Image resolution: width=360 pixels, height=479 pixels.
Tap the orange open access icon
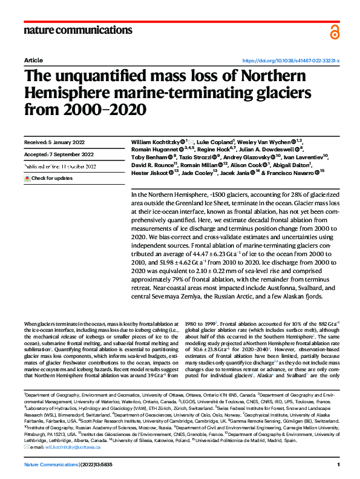coord(335,31)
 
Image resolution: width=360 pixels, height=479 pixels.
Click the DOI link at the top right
coord(291,61)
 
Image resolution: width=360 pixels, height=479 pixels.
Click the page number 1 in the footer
coord(339,464)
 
